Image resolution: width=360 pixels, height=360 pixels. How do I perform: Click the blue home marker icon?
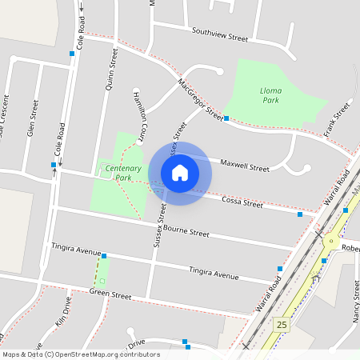pos(180,173)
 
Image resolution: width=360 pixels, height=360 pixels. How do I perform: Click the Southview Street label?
pos(220,34)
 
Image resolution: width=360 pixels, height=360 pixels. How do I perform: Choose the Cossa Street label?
pos(242,201)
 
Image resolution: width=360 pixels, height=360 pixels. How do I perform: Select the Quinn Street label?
pos(111,69)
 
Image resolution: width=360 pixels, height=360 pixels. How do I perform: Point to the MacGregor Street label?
pos(200,98)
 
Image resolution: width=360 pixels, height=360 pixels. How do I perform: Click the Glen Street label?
pos(33,118)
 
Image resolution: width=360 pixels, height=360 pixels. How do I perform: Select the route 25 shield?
pos(280,325)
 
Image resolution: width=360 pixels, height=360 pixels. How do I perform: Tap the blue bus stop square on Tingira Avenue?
pos(104,256)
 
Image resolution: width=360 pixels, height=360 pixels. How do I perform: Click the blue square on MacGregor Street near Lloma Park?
pos(226,118)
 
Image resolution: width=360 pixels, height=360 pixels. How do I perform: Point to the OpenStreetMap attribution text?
pos(81,354)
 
